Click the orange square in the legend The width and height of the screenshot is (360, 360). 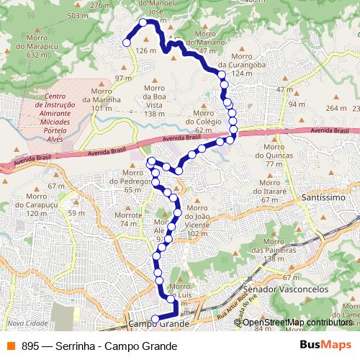(11, 346)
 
